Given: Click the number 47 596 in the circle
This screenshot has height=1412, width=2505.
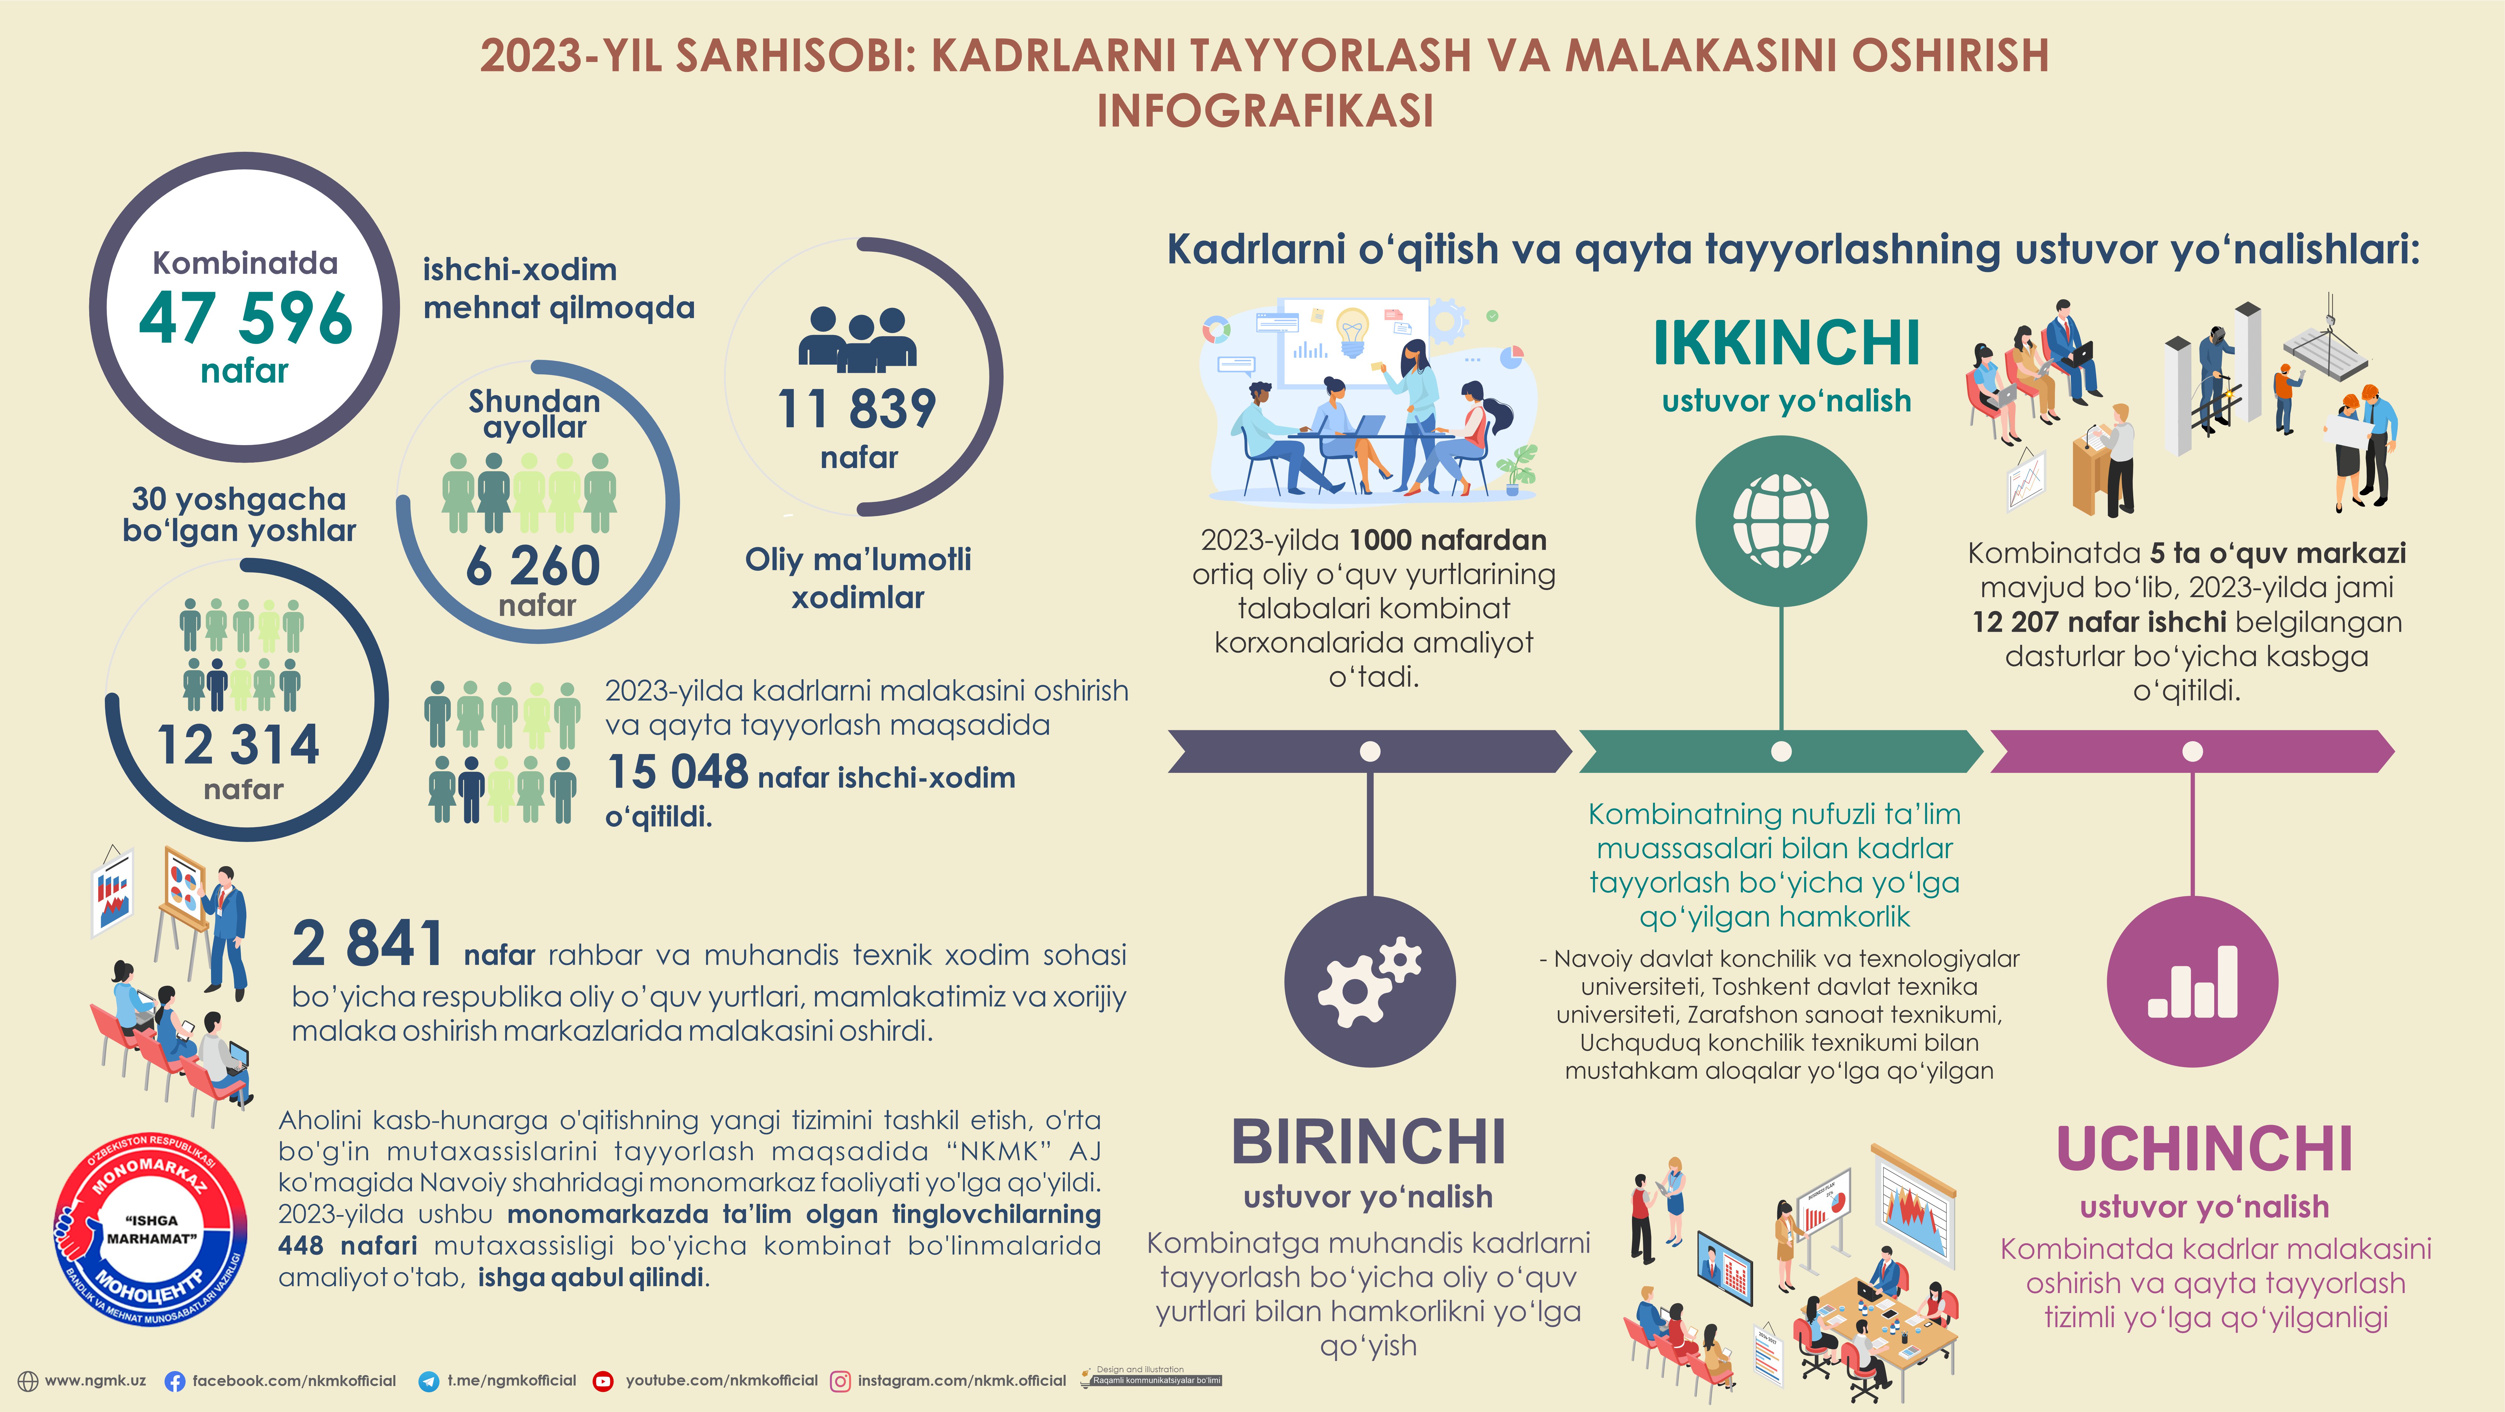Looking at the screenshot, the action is (245, 318).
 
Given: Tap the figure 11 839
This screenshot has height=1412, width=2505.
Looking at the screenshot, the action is (857, 408).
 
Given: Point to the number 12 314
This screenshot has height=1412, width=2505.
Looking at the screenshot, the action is (238, 746).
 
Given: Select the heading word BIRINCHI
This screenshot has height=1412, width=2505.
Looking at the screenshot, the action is (1368, 1142).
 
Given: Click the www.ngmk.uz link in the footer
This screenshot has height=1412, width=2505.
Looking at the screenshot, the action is (95, 1381).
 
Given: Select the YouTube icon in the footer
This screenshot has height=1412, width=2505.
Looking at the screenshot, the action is (603, 1381).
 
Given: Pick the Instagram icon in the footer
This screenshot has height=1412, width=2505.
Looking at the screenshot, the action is (840, 1381).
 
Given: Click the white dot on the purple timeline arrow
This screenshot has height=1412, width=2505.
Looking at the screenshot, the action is (2192, 751).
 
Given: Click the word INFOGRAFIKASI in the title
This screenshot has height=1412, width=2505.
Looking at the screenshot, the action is (1265, 111).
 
